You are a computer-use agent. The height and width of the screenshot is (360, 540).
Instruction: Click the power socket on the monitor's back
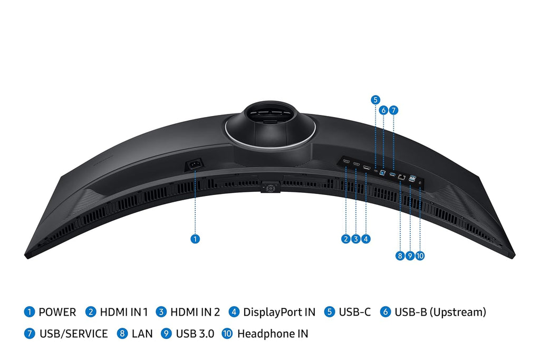(x=195, y=166)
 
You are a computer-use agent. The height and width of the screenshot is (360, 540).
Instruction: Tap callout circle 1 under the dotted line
(x=195, y=239)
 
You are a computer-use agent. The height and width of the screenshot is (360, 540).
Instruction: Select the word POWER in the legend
(x=57, y=312)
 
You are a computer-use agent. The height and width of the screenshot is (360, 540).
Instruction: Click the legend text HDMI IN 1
(x=124, y=312)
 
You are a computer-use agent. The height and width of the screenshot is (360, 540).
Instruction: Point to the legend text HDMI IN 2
(x=195, y=312)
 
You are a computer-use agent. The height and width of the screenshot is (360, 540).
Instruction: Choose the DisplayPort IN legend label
(x=279, y=312)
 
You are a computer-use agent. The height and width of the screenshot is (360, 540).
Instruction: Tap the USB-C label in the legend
(x=354, y=312)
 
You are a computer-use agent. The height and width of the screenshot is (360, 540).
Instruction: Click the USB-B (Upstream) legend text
(x=440, y=312)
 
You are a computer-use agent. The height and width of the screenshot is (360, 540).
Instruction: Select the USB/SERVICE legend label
(x=73, y=334)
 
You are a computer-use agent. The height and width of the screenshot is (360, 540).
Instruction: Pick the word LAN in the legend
(x=142, y=334)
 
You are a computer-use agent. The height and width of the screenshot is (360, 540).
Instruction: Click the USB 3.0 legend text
(x=195, y=334)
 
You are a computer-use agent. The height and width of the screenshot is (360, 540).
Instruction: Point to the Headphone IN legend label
(x=273, y=334)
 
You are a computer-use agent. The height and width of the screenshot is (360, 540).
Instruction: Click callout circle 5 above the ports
(x=375, y=99)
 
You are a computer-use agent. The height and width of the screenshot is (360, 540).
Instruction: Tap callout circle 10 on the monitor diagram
(x=420, y=256)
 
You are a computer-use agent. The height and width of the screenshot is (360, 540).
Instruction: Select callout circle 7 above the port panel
(x=393, y=110)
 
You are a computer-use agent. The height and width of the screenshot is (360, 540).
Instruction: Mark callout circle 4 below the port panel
(x=366, y=239)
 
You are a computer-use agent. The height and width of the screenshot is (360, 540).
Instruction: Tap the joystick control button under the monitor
(x=269, y=188)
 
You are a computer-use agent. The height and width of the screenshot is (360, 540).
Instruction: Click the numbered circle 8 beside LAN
(x=122, y=334)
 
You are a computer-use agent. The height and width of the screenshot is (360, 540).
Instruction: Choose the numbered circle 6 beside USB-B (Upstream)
(x=385, y=312)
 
